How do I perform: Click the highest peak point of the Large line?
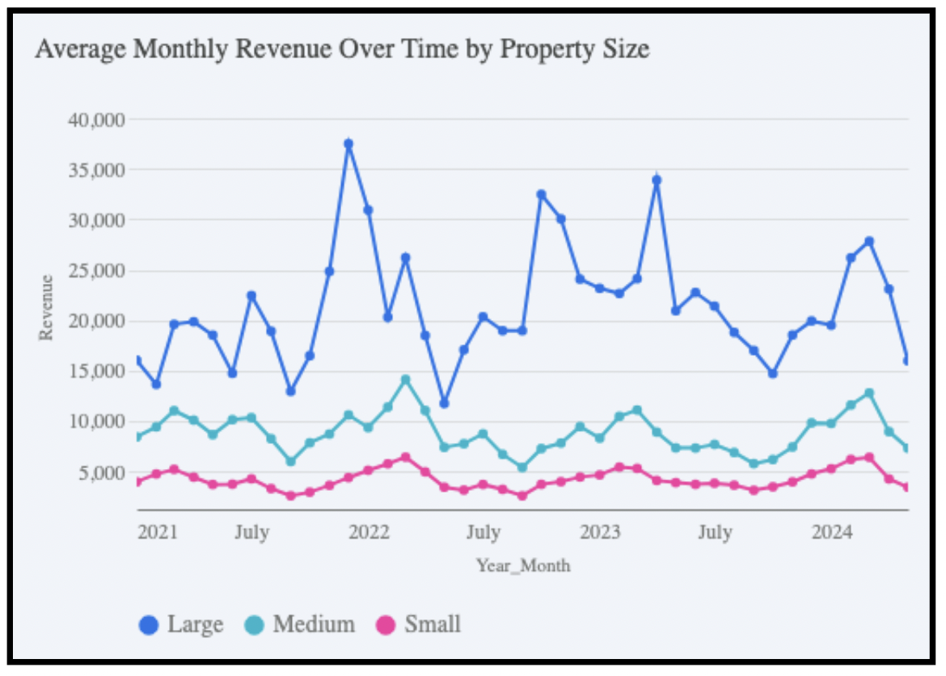[x=348, y=144]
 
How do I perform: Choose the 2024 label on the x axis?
[x=832, y=532]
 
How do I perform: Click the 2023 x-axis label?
[x=601, y=532]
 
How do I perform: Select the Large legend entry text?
[x=195, y=624]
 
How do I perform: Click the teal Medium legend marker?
[x=255, y=625]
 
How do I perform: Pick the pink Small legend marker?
[x=386, y=625]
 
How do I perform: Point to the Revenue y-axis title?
[x=47, y=307]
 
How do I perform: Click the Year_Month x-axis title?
[x=522, y=565]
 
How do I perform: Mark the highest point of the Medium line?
[x=406, y=379]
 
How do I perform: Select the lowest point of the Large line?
[x=444, y=403]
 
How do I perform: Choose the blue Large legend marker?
[x=150, y=625]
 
